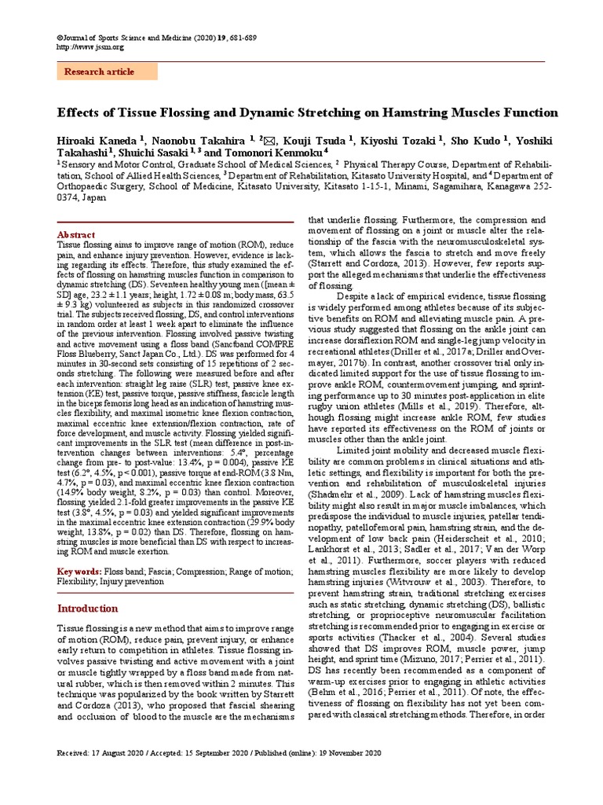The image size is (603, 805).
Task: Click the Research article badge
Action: coord(100,72)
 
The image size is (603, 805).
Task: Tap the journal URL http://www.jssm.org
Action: coord(90,47)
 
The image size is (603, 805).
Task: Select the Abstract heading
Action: coord(76,235)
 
